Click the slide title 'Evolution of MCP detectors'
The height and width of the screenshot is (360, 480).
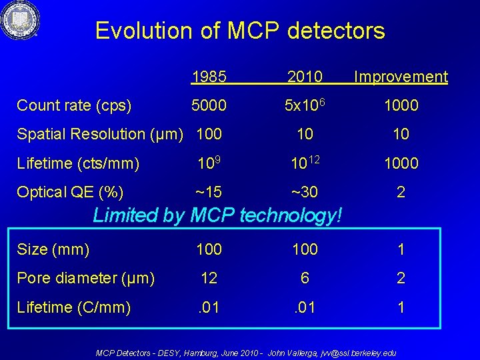pyautogui.click(x=240, y=31)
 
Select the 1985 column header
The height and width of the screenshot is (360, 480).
pyautogui.click(x=209, y=77)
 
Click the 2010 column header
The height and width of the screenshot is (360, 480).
pyautogui.click(x=305, y=77)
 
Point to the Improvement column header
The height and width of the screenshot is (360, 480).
pyautogui.click(x=401, y=77)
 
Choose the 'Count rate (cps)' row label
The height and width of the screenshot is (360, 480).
pyautogui.click(x=74, y=105)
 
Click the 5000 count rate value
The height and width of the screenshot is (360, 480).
pyautogui.click(x=209, y=105)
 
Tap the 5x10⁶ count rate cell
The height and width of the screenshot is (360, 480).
pyautogui.click(x=305, y=105)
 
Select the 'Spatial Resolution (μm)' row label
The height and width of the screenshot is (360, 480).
pyautogui.click(x=103, y=134)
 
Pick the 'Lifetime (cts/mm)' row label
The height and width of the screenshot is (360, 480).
pyautogui.click(x=78, y=163)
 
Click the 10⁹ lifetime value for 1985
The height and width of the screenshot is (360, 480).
pyautogui.click(x=209, y=163)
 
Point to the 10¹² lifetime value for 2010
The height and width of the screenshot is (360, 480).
pyautogui.click(x=305, y=163)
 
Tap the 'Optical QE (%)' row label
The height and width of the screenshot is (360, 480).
pyautogui.click(x=70, y=193)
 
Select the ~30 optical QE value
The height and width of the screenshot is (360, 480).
pyautogui.click(x=305, y=193)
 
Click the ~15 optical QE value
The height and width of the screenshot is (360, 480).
pyautogui.click(x=209, y=193)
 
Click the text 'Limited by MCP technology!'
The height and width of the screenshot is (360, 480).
pyautogui.click(x=218, y=215)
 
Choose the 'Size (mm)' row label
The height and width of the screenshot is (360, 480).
pyautogui.click(x=53, y=249)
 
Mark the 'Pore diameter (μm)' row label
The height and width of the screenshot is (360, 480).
pyautogui.click(x=86, y=278)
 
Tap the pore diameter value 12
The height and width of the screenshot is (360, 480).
pyautogui.click(x=209, y=278)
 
